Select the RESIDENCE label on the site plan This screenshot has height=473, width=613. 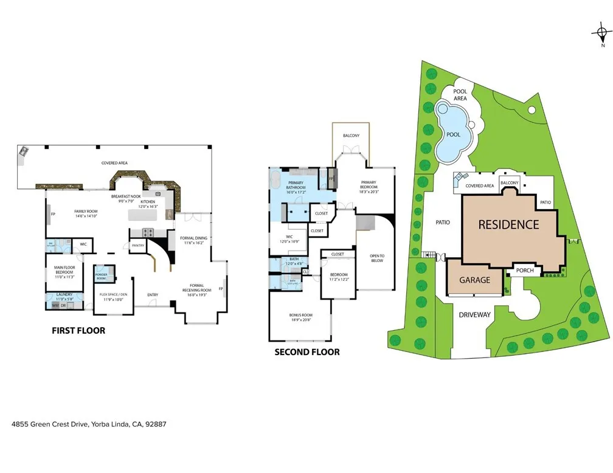pyautogui.click(x=508, y=224)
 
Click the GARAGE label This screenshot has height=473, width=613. pyautogui.click(x=475, y=280)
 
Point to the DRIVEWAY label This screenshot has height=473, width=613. pyautogui.click(x=474, y=315)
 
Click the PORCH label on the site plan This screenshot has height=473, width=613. pyautogui.click(x=524, y=271)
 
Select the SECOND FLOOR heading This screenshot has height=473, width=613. pyautogui.click(x=307, y=352)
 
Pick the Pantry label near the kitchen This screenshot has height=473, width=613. pyautogui.click(x=138, y=246)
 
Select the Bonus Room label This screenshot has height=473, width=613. pyautogui.click(x=300, y=317)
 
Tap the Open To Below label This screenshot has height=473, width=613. pyautogui.click(x=377, y=258)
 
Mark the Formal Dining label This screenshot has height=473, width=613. pyautogui.click(x=193, y=240)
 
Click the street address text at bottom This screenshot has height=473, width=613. pyautogui.click(x=89, y=424)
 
